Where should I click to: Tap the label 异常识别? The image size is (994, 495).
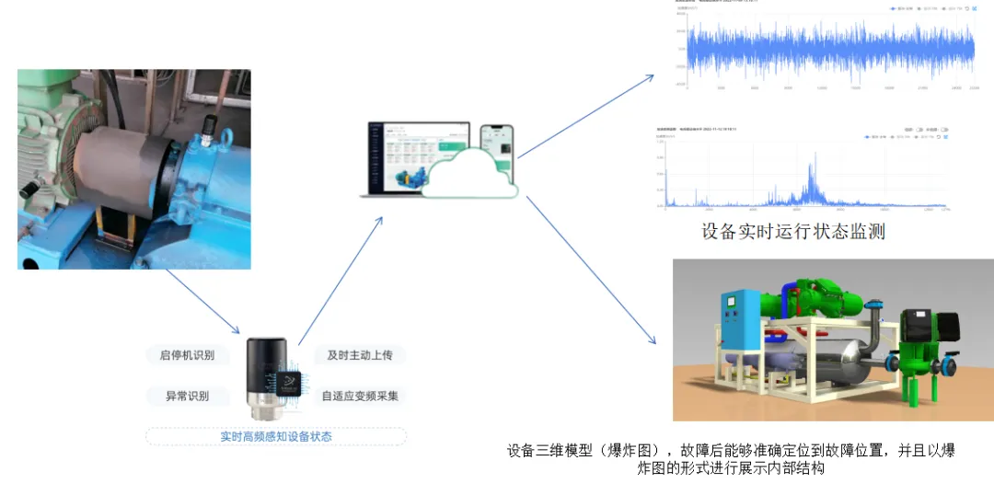(187, 396)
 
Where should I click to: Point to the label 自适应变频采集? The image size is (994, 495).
(360, 396)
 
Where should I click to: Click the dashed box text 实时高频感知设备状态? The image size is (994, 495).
(276, 436)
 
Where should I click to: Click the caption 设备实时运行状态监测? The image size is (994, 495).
(792, 231)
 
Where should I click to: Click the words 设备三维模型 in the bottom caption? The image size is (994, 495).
(549, 451)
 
